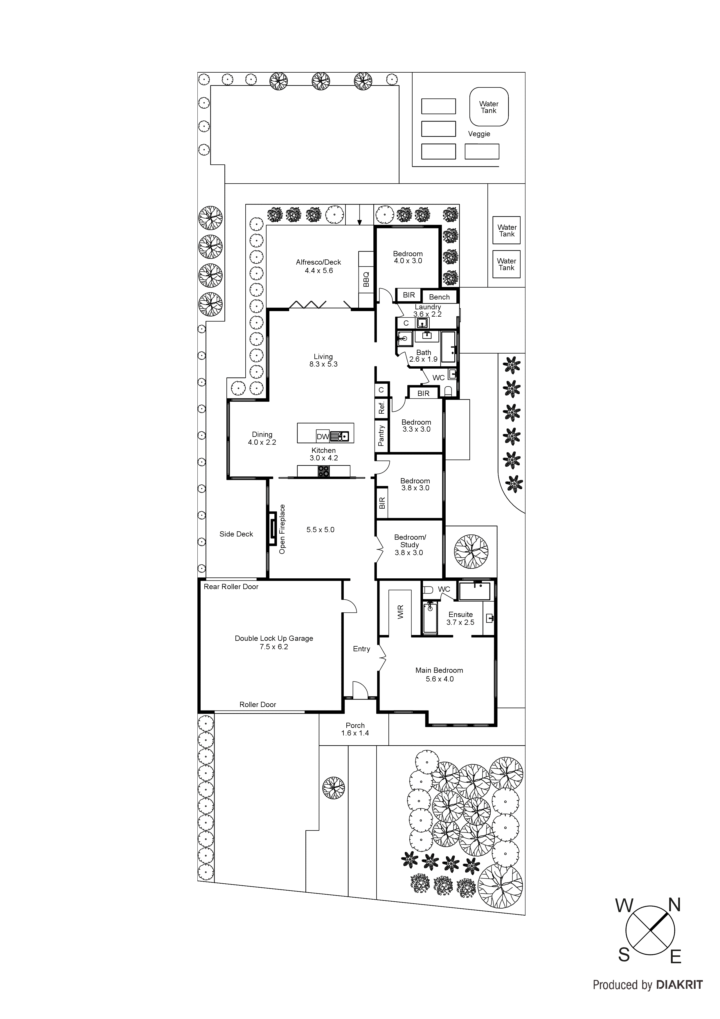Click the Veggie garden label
[479, 134]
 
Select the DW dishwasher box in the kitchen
[323, 437]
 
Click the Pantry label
[381, 435]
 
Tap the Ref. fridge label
[381, 408]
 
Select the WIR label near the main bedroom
[401, 612]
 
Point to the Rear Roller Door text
[231, 587]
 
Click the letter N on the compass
[674, 905]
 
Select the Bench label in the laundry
[439, 297]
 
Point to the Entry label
[361, 649]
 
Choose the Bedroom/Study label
[409, 545]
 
